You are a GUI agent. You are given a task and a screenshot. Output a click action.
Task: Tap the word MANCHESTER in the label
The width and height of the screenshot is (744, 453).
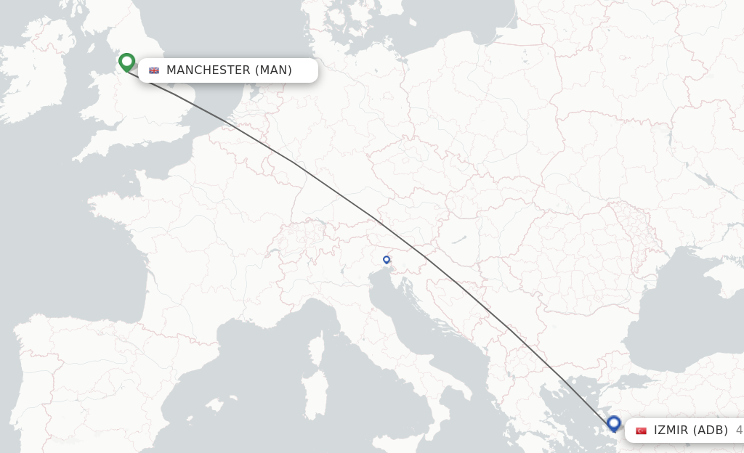point(208,70)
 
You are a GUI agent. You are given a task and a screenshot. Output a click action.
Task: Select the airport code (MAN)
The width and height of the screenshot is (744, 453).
point(273,70)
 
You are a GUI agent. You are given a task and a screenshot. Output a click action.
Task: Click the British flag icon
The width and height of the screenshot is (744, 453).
point(154,70)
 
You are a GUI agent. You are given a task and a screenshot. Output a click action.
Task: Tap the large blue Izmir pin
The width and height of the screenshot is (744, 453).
point(614,423)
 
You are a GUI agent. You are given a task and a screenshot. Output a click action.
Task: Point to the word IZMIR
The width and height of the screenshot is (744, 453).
point(671,430)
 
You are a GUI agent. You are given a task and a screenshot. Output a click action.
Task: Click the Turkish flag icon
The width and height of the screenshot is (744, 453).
point(641,430)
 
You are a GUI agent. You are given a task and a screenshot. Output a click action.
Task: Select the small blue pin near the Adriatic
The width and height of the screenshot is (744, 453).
point(387,259)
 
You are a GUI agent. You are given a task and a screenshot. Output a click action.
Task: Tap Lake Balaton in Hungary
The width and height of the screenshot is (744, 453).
point(460,240)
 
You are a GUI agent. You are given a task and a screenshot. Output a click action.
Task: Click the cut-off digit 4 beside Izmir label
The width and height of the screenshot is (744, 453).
point(739,430)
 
